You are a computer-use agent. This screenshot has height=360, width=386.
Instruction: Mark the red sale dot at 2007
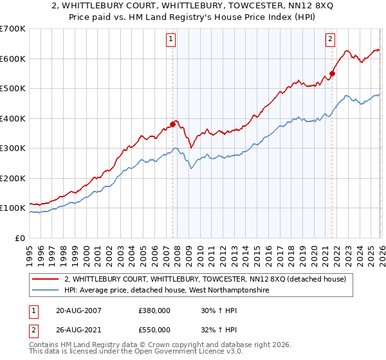(x=172, y=124)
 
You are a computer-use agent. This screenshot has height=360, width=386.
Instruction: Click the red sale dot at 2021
(x=332, y=73)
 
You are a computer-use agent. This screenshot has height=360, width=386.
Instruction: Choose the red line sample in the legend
(x=46, y=279)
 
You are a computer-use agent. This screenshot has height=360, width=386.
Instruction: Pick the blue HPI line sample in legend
(x=46, y=291)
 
